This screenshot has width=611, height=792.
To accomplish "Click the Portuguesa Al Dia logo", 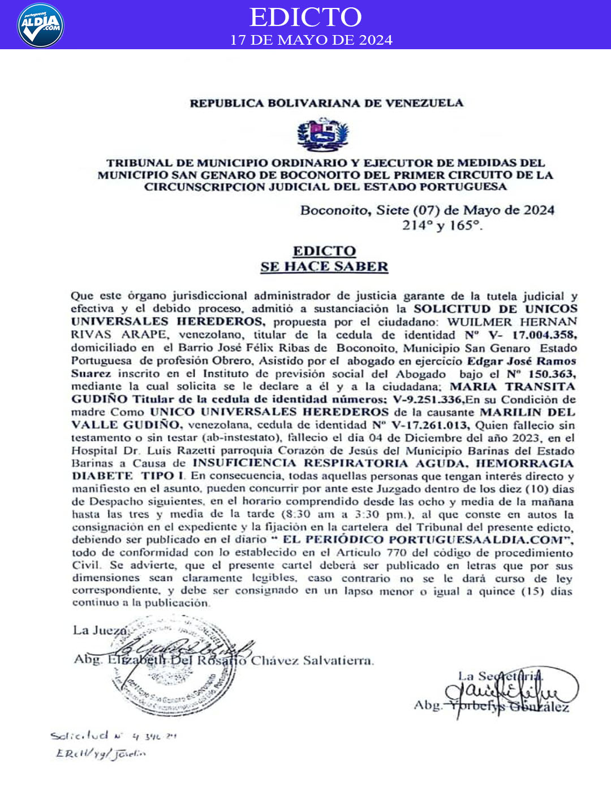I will click(x=40, y=25).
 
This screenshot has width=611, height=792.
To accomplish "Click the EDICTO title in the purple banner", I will click(x=305, y=17).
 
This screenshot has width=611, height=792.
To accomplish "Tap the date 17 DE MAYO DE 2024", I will click(x=311, y=40).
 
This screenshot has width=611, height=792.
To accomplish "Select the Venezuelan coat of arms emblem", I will click(x=323, y=135).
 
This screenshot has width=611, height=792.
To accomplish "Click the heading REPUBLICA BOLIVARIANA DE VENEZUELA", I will click(x=326, y=103).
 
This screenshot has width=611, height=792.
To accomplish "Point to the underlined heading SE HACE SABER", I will click(x=324, y=266).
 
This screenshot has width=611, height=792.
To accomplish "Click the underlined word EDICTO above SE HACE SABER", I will click(x=324, y=251).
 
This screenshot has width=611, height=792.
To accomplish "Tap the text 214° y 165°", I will click(x=442, y=225).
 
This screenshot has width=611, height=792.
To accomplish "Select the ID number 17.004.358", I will click(x=544, y=335).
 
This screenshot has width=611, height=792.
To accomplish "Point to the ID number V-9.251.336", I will click(x=428, y=399).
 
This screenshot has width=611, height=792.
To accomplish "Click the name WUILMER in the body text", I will click(x=480, y=322).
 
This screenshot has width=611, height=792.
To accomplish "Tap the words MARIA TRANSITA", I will click(x=512, y=386).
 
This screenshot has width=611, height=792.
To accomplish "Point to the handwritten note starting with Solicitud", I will click(x=113, y=736).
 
